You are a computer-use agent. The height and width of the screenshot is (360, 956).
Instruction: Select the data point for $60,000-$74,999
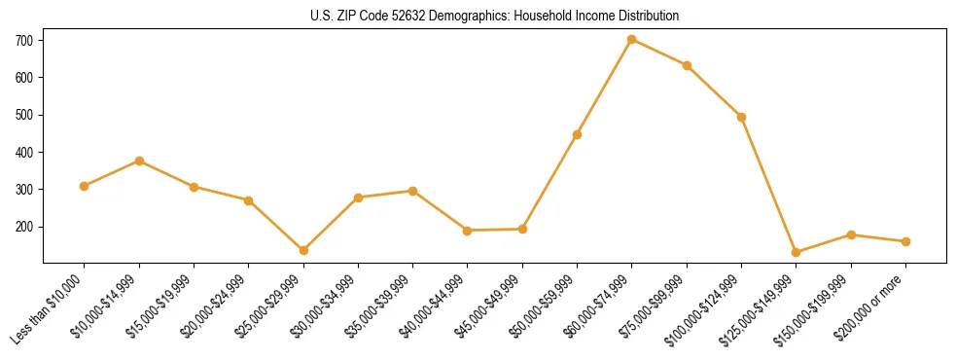632,39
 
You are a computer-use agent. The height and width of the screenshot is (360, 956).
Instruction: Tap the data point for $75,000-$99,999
687,65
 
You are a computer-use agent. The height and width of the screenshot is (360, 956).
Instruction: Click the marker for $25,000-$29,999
303,250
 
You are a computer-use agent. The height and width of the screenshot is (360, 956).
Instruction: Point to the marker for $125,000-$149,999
797,252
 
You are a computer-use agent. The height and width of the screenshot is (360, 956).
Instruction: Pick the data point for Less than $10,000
85,186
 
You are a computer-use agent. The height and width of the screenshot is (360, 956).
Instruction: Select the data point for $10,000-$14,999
139,161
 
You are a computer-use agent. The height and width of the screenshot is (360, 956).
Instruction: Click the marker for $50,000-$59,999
577,134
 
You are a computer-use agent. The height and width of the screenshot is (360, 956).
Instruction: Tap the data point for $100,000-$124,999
741,117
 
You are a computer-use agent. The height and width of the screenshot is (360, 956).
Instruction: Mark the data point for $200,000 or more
905,241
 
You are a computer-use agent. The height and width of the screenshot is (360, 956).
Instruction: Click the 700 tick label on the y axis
24,40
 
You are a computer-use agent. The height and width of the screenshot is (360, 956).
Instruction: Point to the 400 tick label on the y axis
24,153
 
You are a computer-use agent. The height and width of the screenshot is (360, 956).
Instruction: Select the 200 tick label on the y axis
24,227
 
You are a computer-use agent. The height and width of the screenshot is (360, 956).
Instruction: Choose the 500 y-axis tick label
24,115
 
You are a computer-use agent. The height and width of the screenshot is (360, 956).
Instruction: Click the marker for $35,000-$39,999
412,191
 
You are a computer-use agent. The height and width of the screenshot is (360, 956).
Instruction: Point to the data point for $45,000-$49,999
522,229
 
